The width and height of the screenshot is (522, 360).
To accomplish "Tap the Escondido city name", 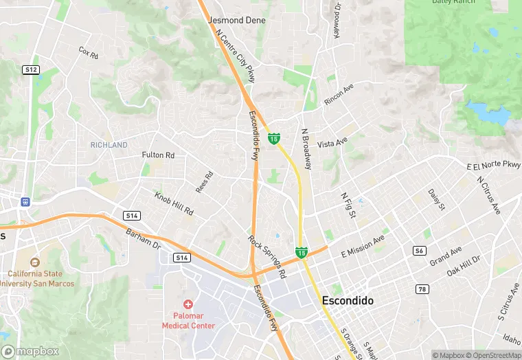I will [348, 301].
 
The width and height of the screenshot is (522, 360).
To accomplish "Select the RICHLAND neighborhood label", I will [109, 145].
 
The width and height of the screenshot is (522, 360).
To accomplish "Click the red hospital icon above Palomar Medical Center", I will [188, 304].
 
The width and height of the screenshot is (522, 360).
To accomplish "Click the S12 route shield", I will [30, 69].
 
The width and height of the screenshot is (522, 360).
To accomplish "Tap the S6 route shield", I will [418, 251].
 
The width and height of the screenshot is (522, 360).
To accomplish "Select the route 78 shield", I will [422, 289].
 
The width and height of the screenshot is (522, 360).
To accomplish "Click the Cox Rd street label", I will [89, 52].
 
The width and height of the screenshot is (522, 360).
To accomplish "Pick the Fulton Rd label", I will [158, 155].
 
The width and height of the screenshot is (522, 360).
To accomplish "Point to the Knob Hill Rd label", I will [174, 203].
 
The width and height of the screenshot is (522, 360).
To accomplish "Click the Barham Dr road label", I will [143, 239].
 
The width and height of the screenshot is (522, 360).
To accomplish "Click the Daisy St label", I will [436, 200].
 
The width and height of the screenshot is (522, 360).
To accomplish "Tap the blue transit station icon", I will [25, 202].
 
